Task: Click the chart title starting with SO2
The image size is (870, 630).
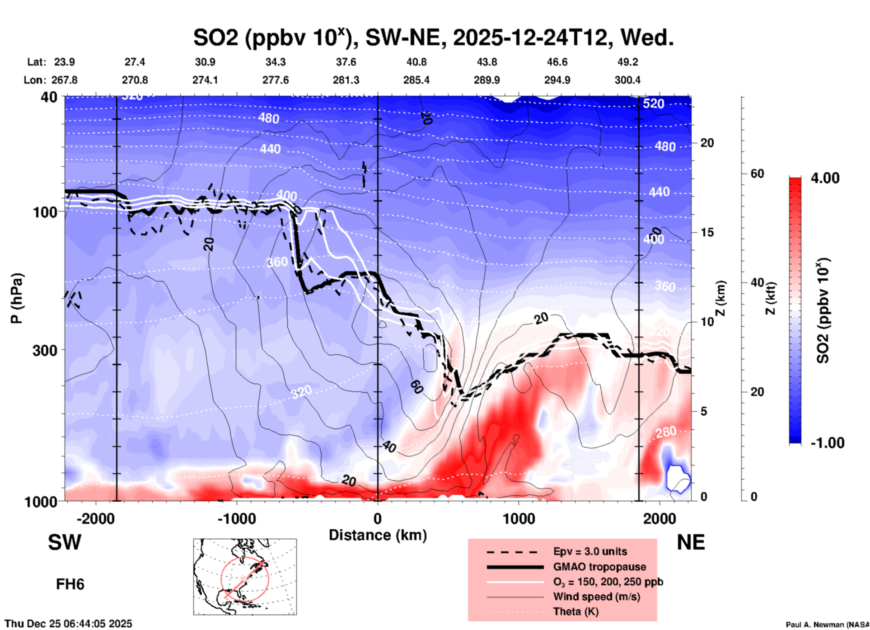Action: [x=433, y=38]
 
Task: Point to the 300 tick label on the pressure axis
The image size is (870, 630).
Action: [x=45, y=350]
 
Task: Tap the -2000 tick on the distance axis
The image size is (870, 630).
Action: [x=96, y=519]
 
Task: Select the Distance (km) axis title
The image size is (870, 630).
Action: [x=378, y=535]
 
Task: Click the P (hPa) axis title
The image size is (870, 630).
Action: [x=17, y=298]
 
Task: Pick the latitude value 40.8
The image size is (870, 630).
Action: [x=416, y=62]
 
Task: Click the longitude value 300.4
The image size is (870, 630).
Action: [x=627, y=80]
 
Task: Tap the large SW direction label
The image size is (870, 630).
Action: [x=65, y=543]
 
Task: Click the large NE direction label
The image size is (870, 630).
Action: [x=691, y=543]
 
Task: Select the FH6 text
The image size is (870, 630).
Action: [x=70, y=584]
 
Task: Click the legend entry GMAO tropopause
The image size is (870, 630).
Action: [x=599, y=567]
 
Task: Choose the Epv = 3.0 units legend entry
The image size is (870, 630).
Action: [x=590, y=551]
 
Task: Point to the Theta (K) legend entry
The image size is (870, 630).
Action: [x=575, y=611]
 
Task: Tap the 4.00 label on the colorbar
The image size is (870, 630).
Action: [x=825, y=178]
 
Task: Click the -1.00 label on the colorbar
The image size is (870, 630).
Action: [x=827, y=443]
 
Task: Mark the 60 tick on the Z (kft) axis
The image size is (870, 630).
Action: [x=757, y=174]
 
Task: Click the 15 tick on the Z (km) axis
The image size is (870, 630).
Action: [x=707, y=232]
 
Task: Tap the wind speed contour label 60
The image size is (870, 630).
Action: [x=416, y=387]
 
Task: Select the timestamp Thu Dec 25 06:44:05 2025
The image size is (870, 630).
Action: [x=68, y=624]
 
